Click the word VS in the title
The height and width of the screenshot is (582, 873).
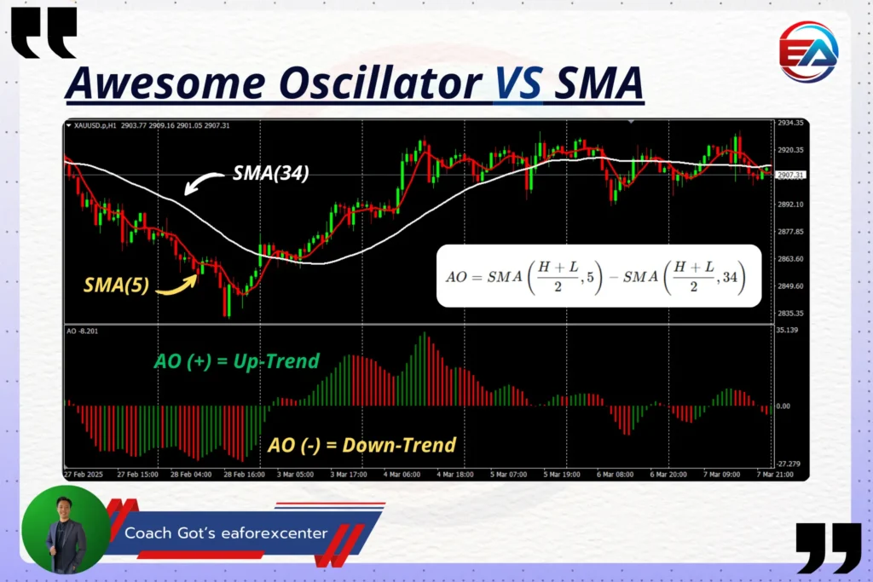tap(518, 84)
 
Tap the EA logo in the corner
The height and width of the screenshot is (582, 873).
tap(808, 52)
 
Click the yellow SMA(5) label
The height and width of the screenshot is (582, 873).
tap(116, 285)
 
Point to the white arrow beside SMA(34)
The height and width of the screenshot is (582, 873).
tap(203, 182)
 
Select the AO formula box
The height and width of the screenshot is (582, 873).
tap(598, 275)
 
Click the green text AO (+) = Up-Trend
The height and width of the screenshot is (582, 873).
tap(236, 360)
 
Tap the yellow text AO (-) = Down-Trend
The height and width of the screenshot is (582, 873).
tap(361, 444)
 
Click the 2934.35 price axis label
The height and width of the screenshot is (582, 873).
tap(790, 124)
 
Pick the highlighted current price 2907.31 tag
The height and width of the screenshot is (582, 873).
tap(790, 175)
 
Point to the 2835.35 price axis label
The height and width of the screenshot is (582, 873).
tap(790, 313)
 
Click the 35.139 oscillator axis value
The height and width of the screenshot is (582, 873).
tap(787, 329)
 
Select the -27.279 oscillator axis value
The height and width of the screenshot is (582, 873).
tap(787, 464)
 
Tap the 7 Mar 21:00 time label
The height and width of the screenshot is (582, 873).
tap(773, 473)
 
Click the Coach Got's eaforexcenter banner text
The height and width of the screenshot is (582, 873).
tap(226, 533)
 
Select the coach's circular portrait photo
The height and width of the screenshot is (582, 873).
tap(66, 529)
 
